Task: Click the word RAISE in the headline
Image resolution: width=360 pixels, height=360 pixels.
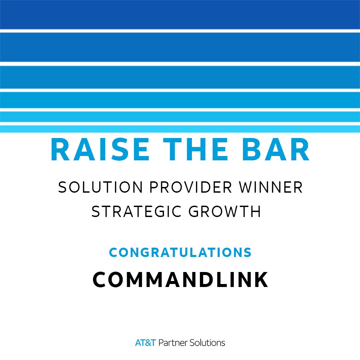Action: click(100, 149)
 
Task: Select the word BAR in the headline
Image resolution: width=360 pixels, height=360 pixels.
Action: click(276, 149)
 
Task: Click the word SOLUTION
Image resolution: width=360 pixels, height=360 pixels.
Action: click(100, 187)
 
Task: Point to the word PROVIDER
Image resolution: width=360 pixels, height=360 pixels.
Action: click(191, 187)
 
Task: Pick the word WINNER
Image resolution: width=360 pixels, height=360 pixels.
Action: click(271, 187)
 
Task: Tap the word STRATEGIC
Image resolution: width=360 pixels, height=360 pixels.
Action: click(137, 211)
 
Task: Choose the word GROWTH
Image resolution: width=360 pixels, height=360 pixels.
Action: click(225, 211)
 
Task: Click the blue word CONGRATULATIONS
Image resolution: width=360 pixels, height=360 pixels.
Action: click(180, 252)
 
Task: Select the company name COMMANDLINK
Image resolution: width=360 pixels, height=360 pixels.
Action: click(180, 279)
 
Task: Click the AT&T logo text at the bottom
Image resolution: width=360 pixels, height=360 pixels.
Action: click(145, 343)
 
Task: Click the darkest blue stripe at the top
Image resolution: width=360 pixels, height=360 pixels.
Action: click(180, 14)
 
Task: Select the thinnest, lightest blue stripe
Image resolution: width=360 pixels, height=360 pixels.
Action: click(180, 129)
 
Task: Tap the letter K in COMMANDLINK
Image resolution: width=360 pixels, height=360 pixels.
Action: click(261, 279)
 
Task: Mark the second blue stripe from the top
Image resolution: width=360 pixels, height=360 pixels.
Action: click(180, 47)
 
